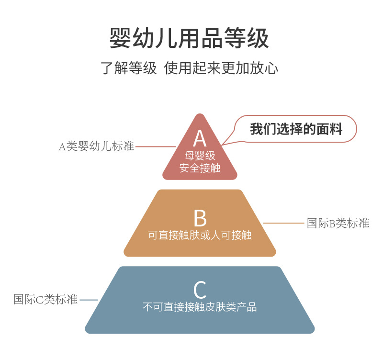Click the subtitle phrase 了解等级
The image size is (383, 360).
tap(129, 67)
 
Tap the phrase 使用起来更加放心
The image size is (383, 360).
tap(221, 67)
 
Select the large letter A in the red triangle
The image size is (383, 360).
tap(200, 138)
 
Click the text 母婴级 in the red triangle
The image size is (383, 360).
tap(200, 156)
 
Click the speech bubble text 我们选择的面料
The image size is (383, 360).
tap(296, 129)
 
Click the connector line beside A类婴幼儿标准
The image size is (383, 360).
tap(156, 146)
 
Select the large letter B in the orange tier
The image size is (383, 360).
tap(200, 218)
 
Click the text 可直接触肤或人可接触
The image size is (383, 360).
tap(200, 236)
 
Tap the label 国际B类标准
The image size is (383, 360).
tap(338, 223)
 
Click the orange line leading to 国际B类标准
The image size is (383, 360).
tap(284, 223)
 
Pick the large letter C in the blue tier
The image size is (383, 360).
tap(200, 290)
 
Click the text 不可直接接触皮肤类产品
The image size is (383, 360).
tap(200, 307)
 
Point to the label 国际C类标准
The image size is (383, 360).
tap(45, 300)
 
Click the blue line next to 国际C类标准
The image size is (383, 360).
tap(89, 300)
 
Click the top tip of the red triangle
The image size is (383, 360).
tap(200, 115)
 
